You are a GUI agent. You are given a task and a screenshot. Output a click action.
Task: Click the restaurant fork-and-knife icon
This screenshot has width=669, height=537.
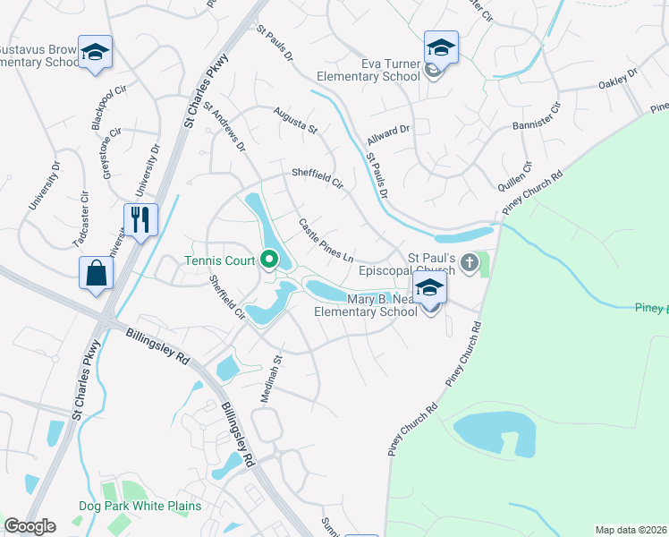click(x=140, y=219)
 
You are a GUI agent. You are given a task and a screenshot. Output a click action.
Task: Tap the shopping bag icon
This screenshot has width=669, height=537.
click(x=97, y=273)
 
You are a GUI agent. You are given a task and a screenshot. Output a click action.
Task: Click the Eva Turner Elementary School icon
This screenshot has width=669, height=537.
click(x=441, y=47)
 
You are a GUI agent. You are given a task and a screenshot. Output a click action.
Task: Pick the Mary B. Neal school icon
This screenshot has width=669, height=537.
click(x=430, y=288)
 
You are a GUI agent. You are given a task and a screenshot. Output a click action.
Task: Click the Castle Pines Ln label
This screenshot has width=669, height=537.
click(x=326, y=240)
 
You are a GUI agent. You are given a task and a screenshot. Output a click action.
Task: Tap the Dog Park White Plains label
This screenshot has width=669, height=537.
click(x=140, y=506)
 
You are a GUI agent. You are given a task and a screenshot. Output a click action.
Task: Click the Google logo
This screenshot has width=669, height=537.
click(x=30, y=526)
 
